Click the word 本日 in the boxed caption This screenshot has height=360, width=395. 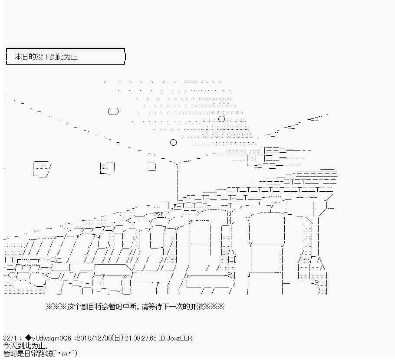pos(21,57)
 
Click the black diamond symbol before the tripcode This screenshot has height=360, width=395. pos(29,338)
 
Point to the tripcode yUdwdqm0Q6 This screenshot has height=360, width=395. pos(52,338)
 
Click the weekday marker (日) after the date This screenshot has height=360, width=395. pos(118,338)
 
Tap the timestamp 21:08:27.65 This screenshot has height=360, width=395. pos(141,338)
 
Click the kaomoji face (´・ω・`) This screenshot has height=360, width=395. pos(65,353)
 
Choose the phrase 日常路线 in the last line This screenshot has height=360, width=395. pos(38,353)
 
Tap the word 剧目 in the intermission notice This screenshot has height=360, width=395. pos(88,307)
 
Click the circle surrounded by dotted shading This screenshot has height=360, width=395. pos(221,119)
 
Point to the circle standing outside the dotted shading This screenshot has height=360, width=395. pos(173,143)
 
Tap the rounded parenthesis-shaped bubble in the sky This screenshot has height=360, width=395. pos(113,111)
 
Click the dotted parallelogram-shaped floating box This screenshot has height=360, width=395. pos(42,169)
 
